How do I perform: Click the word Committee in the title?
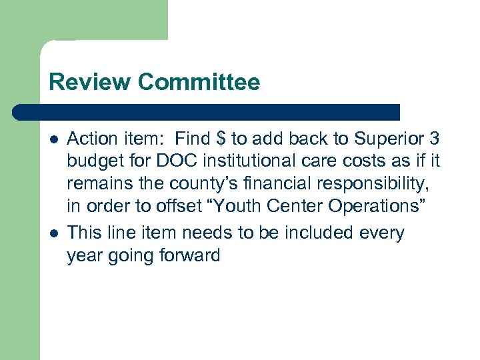click(x=199, y=82)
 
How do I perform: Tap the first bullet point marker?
click(x=53, y=139)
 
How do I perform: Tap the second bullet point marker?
click(x=53, y=233)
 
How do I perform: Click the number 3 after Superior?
click(x=435, y=139)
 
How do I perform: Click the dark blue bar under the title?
click(x=207, y=112)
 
